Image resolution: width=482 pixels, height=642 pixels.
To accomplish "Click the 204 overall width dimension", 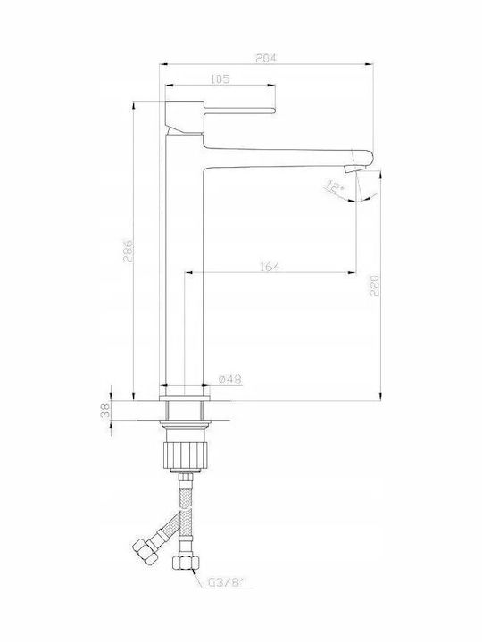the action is pyautogui.click(x=266, y=58).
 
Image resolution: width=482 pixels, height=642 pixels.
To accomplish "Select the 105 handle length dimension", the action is pyautogui.click(x=220, y=79).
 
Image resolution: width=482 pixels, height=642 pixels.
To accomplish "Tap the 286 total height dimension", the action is pyautogui.click(x=128, y=251).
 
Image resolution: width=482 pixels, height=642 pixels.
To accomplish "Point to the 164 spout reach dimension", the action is pyautogui.click(x=270, y=267).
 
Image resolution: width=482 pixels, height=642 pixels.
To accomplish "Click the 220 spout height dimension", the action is pyautogui.click(x=375, y=285).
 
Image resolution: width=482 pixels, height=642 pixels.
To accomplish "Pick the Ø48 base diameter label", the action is pyautogui.click(x=230, y=380).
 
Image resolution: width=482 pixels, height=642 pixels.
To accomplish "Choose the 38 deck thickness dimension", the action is pyautogui.click(x=105, y=410).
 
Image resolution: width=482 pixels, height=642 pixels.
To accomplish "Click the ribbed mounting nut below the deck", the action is pyautogui.click(x=183, y=455).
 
